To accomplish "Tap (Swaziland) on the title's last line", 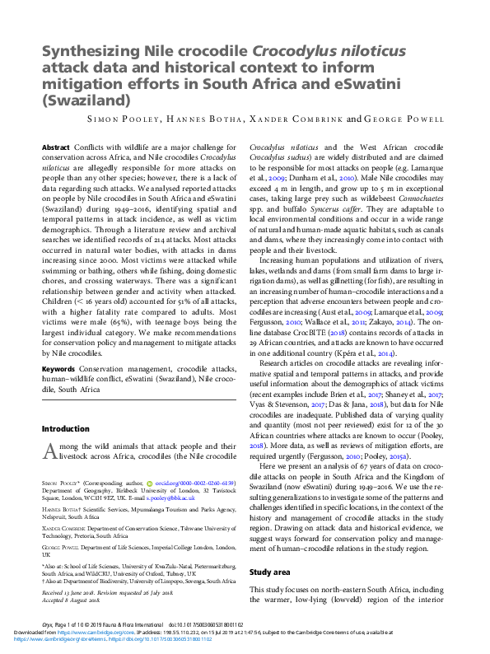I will pyautogui.click(x=86, y=101).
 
